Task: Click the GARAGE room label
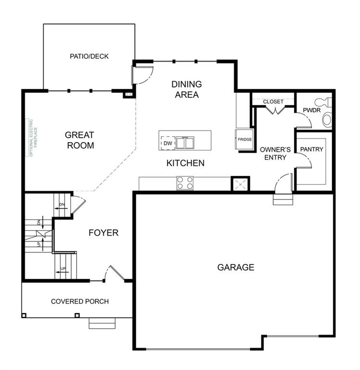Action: pos(235,267)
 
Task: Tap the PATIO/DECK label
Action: pos(89,56)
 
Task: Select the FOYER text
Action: pos(103,233)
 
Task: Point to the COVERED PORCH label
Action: pos(80,302)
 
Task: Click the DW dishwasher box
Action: pos(167,143)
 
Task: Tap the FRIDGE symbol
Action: pos(244,140)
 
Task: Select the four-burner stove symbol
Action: pos(185,183)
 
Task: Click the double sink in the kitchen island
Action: pos(184,143)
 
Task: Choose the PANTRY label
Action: pos(311,149)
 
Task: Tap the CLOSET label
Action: pos(273,102)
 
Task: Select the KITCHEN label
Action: pos(185,163)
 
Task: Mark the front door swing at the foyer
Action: pos(115,274)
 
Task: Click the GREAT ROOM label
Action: pos(80,140)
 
